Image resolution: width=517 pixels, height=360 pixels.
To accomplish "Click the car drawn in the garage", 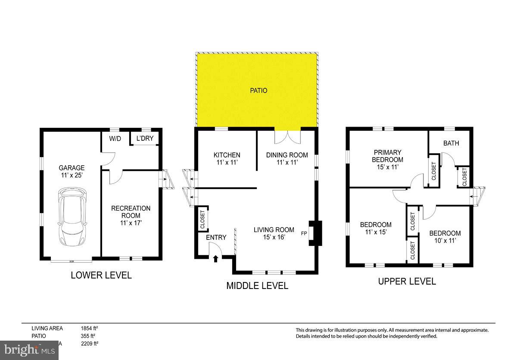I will click(x=72, y=217).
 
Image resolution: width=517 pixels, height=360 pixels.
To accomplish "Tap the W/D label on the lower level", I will click(x=115, y=139).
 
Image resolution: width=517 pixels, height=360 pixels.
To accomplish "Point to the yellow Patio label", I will click(x=259, y=91).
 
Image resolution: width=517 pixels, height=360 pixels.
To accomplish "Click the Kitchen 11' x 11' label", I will click(x=227, y=159).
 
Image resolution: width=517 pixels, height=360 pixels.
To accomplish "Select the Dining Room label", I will click(x=287, y=159).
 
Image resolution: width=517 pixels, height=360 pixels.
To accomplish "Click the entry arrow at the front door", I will click(x=216, y=258).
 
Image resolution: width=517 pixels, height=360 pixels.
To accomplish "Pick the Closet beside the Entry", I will click(x=202, y=219).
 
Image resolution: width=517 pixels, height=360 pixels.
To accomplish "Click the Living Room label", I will click(x=274, y=233).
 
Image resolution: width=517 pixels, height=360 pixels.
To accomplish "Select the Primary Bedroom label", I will click(x=387, y=159).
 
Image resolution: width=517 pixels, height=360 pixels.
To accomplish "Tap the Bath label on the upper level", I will click(x=451, y=143).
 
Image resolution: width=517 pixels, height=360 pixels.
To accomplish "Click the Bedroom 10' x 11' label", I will click(x=445, y=237).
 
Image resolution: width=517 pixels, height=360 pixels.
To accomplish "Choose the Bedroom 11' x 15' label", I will click(x=376, y=228).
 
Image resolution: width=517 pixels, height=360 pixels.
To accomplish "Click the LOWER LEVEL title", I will click(x=101, y=275).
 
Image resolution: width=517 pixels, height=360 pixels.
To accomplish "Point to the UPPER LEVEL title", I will click(x=407, y=282).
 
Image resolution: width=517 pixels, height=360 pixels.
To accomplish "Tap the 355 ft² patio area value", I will click(x=88, y=336).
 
